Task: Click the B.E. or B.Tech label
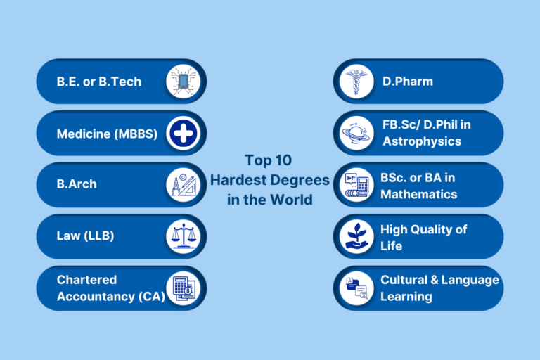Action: coord(98,82)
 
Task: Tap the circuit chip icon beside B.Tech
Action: coord(183,82)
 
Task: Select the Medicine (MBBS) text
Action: coord(107,134)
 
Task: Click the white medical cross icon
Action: coord(183,134)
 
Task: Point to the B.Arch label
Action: coord(77,184)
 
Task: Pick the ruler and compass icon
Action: coord(183,185)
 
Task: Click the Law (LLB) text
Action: coord(85,236)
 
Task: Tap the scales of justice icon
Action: coord(183,236)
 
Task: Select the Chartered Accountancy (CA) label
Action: coord(110,288)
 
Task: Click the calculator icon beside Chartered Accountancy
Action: coord(183,288)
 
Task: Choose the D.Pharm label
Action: coord(408,82)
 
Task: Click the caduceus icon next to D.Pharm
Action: coord(356,82)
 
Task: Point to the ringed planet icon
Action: coord(356,134)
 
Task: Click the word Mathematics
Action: coord(419,194)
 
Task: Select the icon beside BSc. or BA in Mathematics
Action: coord(356,185)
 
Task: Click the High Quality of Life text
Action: coord(423,237)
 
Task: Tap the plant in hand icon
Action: coord(356,236)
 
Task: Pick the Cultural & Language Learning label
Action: coord(439,288)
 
